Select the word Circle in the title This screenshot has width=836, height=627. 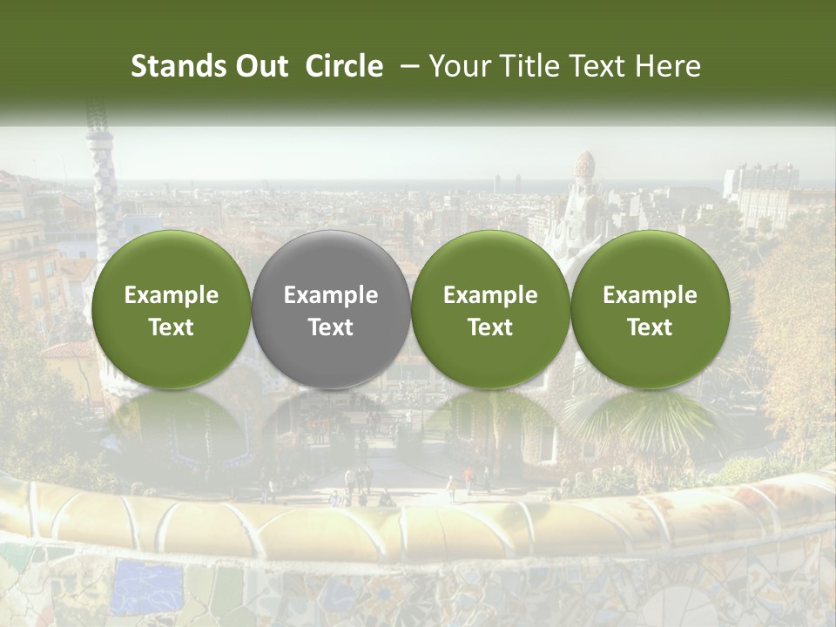(x=344, y=66)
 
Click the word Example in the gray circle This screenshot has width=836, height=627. (x=331, y=295)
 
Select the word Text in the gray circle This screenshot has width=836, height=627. (x=331, y=327)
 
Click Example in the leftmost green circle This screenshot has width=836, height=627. (x=172, y=295)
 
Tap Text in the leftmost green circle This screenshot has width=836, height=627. (x=172, y=327)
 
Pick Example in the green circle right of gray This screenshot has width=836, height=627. (x=490, y=295)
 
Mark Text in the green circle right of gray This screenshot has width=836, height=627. (x=490, y=327)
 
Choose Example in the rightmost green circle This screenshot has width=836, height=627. (x=650, y=295)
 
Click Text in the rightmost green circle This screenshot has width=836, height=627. (x=650, y=327)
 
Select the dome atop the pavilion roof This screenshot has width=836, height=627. (x=585, y=165)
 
